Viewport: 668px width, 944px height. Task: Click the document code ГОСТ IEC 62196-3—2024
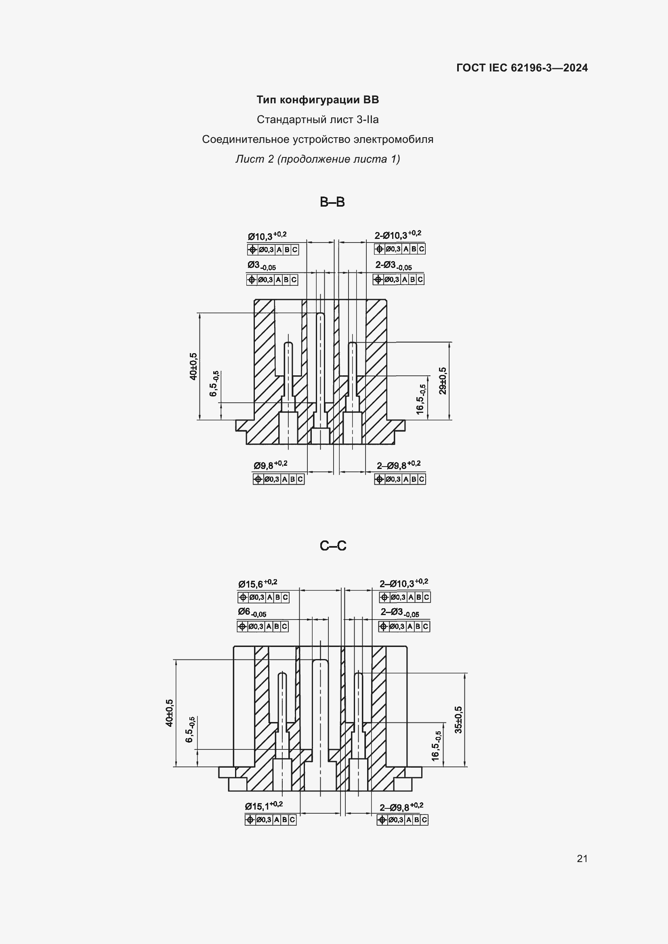click(522, 68)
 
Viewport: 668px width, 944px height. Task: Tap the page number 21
click(582, 858)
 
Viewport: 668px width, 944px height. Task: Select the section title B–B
click(332, 202)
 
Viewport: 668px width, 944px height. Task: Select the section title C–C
click(333, 546)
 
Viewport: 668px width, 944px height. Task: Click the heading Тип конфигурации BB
click(317, 100)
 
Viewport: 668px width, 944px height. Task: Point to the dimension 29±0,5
click(443, 381)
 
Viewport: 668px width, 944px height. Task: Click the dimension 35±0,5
click(459, 720)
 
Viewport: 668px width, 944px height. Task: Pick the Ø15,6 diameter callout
click(258, 584)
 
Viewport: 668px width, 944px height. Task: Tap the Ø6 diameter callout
click(252, 613)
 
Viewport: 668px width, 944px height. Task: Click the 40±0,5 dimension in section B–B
click(193, 366)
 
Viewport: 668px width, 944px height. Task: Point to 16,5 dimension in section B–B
click(421, 399)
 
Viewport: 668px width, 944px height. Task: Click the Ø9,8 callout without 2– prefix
click(271, 465)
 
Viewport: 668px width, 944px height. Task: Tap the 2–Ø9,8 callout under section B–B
click(399, 465)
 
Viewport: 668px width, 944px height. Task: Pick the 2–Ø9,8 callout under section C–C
click(401, 807)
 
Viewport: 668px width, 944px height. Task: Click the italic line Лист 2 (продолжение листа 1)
click(317, 159)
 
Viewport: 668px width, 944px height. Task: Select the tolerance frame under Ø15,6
click(263, 597)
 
